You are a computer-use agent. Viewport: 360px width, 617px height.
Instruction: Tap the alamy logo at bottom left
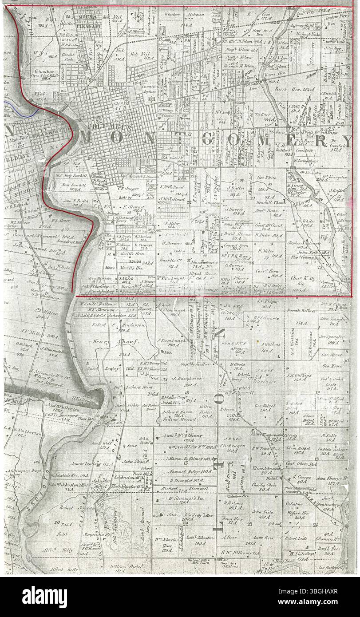[44, 595]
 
